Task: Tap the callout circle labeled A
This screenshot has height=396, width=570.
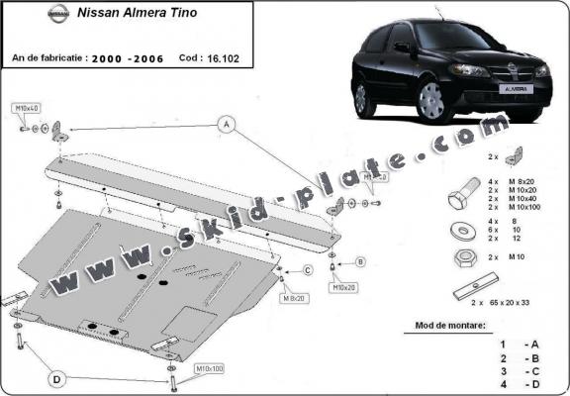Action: pos(226,125)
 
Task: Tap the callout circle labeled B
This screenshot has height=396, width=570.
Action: pos(360,261)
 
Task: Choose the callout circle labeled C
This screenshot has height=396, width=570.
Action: pos(307,270)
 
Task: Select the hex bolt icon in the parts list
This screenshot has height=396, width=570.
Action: pos(461,197)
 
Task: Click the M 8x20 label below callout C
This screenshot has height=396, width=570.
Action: pos(292,296)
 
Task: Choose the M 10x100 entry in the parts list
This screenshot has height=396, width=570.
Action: pos(529,207)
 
